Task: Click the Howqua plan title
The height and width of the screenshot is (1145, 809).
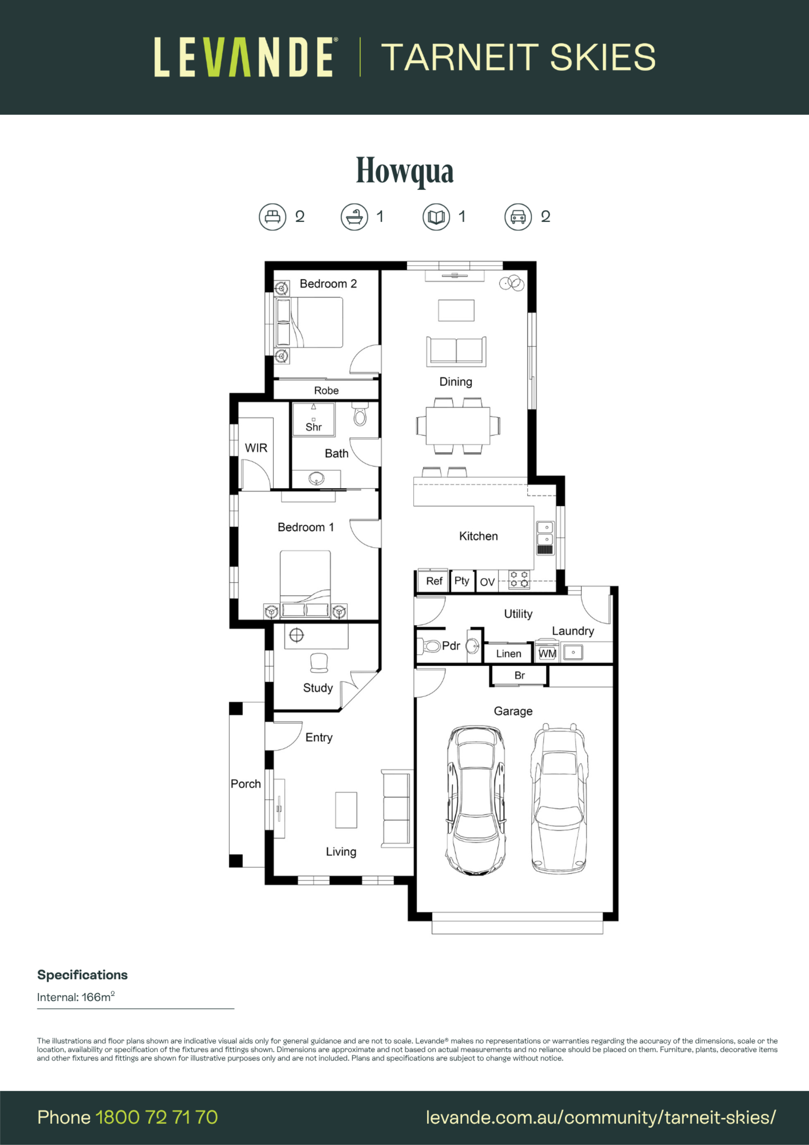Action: pos(404,171)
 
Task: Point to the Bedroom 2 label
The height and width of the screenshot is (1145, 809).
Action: pos(328,284)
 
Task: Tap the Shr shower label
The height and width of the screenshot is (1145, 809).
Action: pos(313,427)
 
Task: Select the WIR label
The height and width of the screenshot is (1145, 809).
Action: pos(256,448)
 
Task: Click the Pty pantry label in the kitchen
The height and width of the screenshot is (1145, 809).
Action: pos(461,581)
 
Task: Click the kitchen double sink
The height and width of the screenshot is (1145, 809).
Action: pos(545,538)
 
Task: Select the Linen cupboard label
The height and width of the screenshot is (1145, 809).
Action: pos(509,654)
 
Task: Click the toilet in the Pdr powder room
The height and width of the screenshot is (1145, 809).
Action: pos(429,646)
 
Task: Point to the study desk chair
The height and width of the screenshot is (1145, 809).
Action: pos(319,662)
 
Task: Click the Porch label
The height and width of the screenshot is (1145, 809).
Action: pos(246,784)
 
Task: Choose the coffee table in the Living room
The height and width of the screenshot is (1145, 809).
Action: pos(346,810)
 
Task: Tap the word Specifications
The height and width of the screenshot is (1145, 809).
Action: pos(82,976)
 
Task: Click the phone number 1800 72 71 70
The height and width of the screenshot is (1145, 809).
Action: pos(156,1118)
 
